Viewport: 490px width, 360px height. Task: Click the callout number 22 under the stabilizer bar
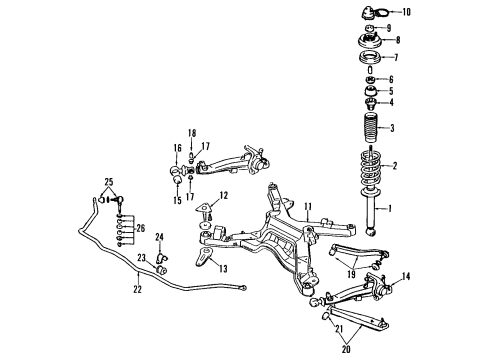click(x=138, y=290)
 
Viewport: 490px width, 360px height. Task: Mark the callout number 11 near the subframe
click(x=309, y=207)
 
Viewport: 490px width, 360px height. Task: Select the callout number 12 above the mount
click(x=224, y=195)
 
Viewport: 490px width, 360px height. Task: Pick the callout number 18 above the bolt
click(x=194, y=132)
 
